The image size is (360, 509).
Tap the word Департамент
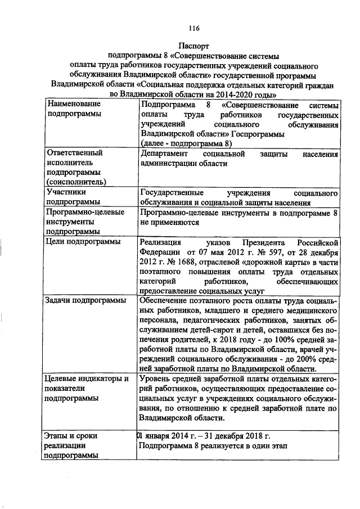(166, 154)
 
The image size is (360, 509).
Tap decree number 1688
(182, 262)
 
